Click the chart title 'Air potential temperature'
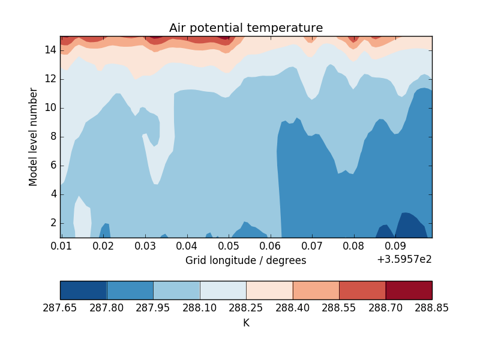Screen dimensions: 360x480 [x=246, y=28]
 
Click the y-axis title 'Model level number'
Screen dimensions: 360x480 [x=34, y=137]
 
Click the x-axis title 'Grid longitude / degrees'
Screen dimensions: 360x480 [x=245, y=260]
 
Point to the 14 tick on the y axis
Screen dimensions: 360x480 [x=50, y=50]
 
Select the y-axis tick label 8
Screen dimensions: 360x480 [x=53, y=136]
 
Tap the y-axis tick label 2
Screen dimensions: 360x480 [x=53, y=223]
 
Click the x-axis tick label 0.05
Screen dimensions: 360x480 [x=229, y=246]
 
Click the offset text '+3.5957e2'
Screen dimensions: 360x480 [x=404, y=260]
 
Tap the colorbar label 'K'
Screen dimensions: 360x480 [x=246, y=323]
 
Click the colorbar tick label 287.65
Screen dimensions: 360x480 [x=60, y=308]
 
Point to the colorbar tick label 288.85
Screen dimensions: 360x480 [x=431, y=308]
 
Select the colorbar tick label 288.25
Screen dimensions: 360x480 [x=246, y=308]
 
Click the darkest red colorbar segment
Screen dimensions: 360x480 [x=409, y=290]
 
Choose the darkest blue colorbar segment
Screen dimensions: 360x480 [x=83, y=290]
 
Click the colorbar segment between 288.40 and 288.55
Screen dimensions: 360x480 [x=316, y=290]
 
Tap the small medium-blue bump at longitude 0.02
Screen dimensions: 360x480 [x=106, y=230]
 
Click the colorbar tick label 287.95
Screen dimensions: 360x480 [x=153, y=308]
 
